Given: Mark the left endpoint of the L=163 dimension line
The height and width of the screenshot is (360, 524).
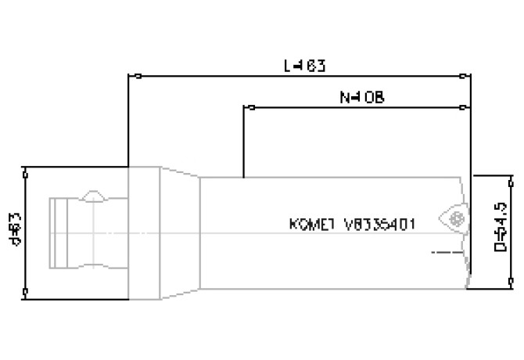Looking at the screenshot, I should [x=138, y=77].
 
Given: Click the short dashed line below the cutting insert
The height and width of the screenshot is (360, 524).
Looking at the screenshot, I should [x=444, y=252].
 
